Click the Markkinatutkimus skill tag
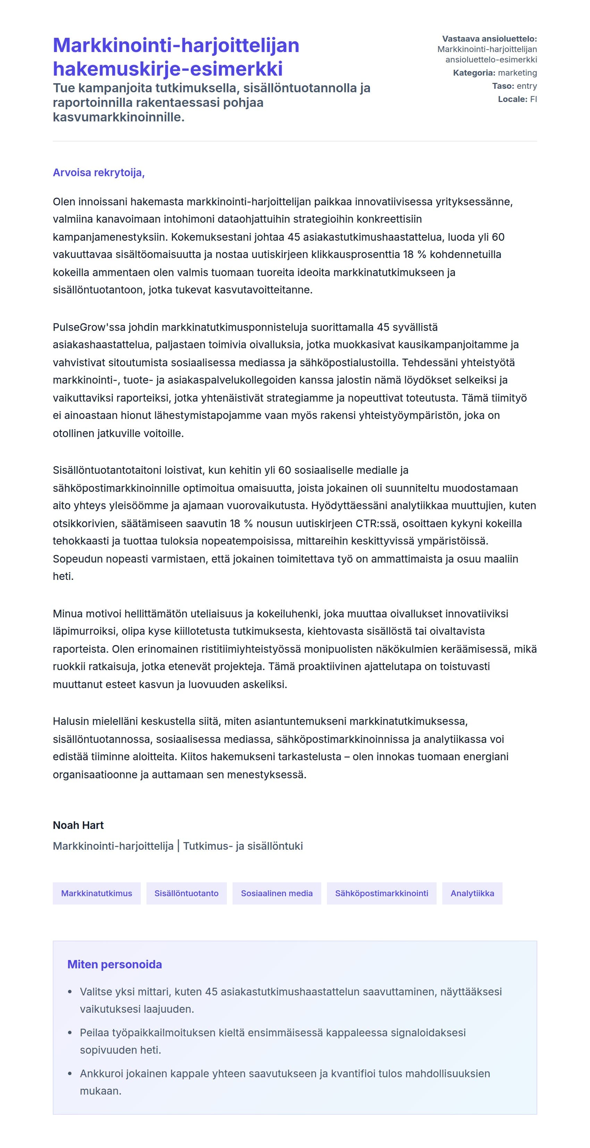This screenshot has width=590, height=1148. point(96,893)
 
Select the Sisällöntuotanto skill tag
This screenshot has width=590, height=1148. point(186,893)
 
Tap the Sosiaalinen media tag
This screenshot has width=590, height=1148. point(277,893)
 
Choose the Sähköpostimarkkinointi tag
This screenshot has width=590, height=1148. point(381,893)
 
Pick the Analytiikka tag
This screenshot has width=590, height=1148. point(472,893)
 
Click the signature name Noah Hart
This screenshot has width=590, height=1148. point(78,825)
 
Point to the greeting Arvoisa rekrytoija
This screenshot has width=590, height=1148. point(99,172)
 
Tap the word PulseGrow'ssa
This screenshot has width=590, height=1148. point(89,327)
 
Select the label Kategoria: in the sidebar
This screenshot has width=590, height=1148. point(474,72)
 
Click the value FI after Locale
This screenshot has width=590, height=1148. point(533,99)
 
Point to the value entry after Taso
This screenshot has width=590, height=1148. point(527,86)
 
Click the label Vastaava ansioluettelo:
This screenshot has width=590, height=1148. point(489,39)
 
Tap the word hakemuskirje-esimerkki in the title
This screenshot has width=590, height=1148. point(168,69)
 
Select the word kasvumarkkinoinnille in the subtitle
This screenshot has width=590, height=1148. point(118,117)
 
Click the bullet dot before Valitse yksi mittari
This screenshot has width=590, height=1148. point(69,992)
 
